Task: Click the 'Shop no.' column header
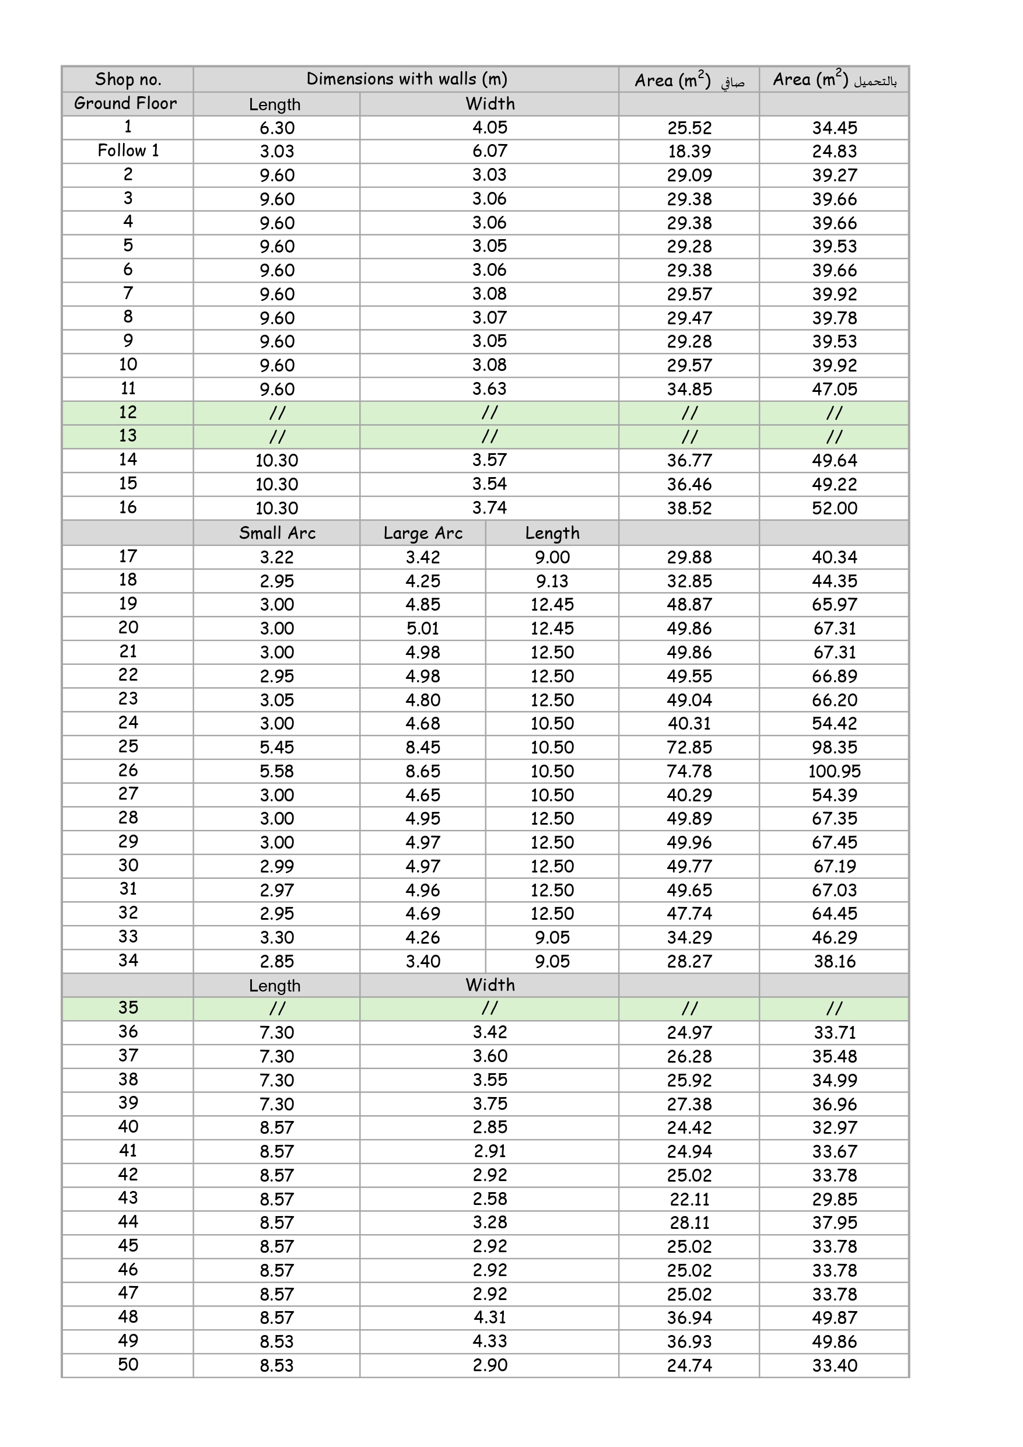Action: tap(128, 79)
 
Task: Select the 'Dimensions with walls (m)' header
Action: tap(407, 79)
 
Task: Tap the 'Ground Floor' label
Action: tap(125, 103)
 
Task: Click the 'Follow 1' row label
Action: tap(128, 150)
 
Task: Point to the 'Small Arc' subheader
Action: tap(276, 533)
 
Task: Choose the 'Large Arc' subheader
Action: tap(423, 533)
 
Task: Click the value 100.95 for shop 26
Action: tap(834, 771)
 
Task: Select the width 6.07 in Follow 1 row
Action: tap(490, 151)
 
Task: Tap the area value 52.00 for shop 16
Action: tap(834, 508)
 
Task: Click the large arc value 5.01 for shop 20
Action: tap(423, 628)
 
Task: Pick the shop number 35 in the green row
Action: tap(128, 1008)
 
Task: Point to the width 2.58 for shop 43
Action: tap(490, 1199)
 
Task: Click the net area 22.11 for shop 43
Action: tap(689, 1199)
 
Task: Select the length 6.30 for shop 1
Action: tap(276, 128)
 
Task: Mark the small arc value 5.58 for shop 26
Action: tap(276, 771)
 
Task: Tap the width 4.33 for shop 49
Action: tap(490, 1341)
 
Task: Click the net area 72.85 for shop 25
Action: tap(689, 748)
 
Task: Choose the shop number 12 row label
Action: tap(128, 413)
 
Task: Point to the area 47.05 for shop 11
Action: tap(834, 389)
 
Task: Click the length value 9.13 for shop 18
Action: tap(552, 581)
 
